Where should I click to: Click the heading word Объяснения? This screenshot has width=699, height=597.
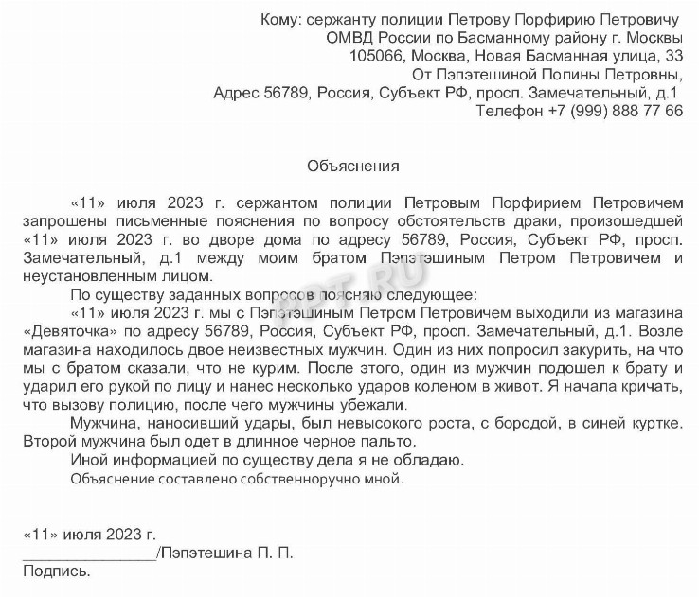[x=353, y=166]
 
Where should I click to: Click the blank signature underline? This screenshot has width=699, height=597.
[x=89, y=554]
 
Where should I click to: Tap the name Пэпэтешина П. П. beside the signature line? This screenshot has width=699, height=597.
[x=227, y=553]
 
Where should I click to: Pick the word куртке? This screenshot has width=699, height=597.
[x=653, y=422]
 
